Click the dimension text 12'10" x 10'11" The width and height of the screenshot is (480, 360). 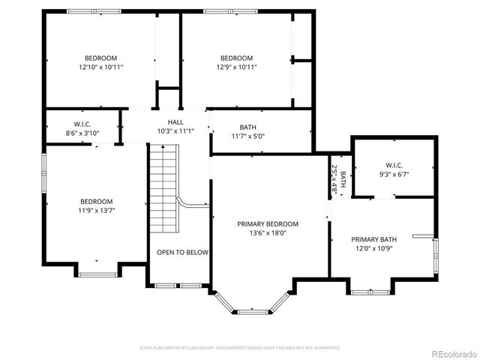tap(100, 67)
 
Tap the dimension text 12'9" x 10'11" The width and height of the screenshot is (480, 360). tap(236, 67)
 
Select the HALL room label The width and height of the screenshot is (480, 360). tap(175, 121)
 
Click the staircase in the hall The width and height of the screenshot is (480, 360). tap(163, 187)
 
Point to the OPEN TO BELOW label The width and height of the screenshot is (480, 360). tap(182, 253)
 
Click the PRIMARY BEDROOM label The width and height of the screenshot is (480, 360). tap(268, 223)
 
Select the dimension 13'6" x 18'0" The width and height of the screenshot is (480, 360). tap(268, 232)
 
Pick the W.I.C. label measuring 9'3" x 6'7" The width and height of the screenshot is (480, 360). tap(394, 165)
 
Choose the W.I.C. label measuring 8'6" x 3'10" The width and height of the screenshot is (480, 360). tap(82, 124)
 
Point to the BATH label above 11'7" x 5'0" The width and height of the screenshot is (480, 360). tap(247, 127)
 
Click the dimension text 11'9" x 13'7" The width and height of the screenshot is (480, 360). tap(97, 210)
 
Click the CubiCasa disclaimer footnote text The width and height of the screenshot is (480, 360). tap(240, 348)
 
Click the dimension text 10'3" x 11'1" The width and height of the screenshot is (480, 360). tap(175, 130)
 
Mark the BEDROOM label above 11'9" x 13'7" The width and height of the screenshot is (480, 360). tap(97, 201)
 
